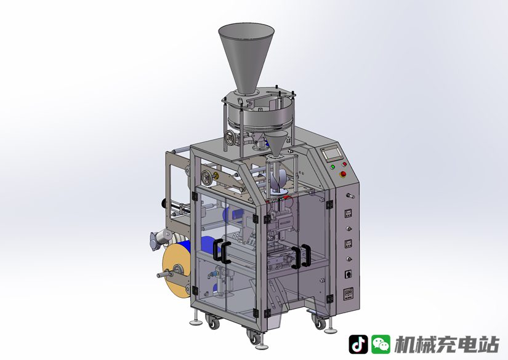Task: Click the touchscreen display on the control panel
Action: point(331,154)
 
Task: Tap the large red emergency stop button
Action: point(342,175)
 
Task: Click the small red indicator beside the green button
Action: point(344,164)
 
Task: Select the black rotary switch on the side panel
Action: point(348,274)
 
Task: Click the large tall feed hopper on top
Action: point(246,58)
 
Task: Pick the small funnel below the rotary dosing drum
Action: point(276,144)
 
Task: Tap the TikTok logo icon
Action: point(358,344)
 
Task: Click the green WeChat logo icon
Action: point(381,344)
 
